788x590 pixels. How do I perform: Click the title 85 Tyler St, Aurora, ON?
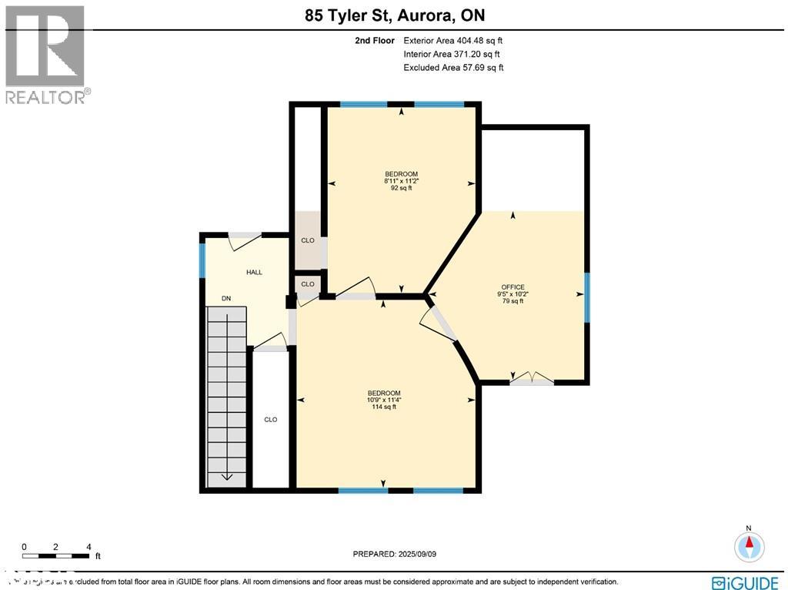pyautogui.click(x=393, y=15)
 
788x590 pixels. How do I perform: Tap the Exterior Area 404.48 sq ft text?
pyautogui.click(x=453, y=41)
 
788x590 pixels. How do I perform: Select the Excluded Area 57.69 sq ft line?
pyautogui.click(x=453, y=68)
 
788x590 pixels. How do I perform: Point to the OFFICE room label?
pyautogui.click(x=513, y=287)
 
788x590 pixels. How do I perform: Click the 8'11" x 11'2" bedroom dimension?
pyautogui.click(x=401, y=181)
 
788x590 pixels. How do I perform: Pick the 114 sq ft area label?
pyautogui.click(x=384, y=407)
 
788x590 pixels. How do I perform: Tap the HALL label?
pyautogui.click(x=254, y=273)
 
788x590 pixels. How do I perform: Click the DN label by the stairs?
pyautogui.click(x=226, y=299)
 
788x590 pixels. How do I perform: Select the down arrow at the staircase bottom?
pyautogui.click(x=227, y=475)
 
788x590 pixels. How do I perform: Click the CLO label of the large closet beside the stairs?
pyautogui.click(x=270, y=420)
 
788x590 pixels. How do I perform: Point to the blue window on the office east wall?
pyautogui.click(x=586, y=295)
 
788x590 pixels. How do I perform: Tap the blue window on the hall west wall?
pyautogui.click(x=203, y=260)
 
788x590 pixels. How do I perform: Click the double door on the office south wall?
pyautogui.click(x=532, y=378)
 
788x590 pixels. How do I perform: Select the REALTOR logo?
pyautogui.click(x=45, y=55)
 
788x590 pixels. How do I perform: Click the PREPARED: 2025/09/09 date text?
pyautogui.click(x=399, y=554)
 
